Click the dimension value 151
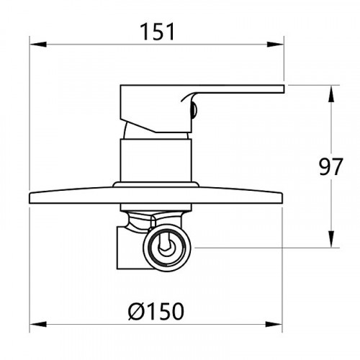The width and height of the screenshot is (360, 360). [157, 32]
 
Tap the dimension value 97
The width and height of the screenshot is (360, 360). [331, 166]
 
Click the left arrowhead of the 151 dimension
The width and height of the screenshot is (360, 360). [38, 45]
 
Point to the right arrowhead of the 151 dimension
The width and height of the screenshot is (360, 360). [276, 45]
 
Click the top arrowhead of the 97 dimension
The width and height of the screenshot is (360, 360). [331, 94]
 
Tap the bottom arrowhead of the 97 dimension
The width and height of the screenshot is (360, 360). [331, 239]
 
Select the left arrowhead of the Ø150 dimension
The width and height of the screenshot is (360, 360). [38, 325]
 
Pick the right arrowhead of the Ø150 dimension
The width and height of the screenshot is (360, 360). [274, 325]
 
